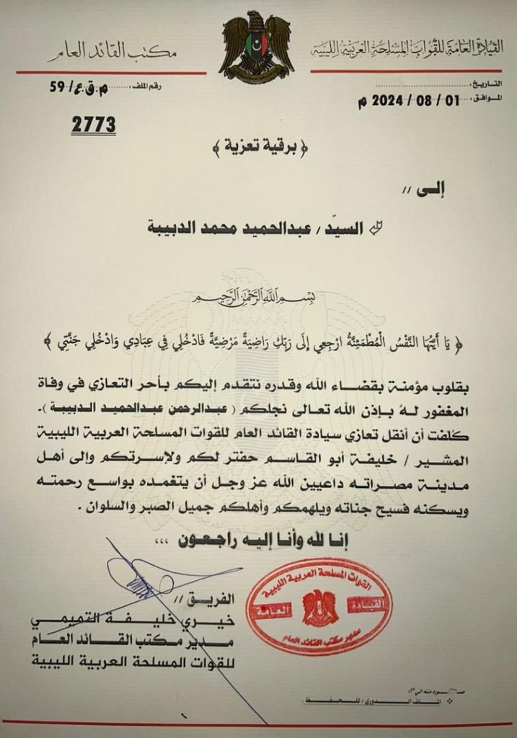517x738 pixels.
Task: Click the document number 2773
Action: click(x=93, y=125)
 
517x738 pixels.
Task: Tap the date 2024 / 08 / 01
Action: click(x=408, y=101)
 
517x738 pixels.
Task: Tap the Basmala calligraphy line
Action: click(x=258, y=297)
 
